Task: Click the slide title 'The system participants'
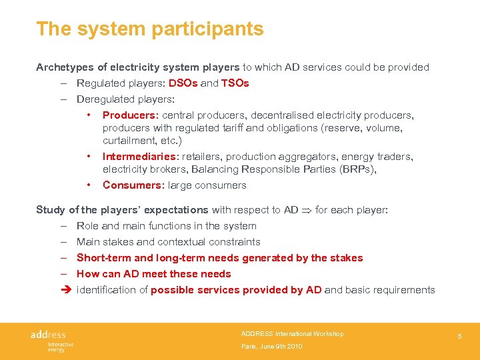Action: point(149,29)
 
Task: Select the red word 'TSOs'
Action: point(235,83)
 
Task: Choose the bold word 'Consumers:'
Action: point(133,185)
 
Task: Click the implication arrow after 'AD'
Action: point(307,210)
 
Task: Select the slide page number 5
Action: point(459,337)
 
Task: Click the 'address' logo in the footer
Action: point(48,335)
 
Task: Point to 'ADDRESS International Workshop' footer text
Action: point(292,333)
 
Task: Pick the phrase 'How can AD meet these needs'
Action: point(153,274)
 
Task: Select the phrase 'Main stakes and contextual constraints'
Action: point(168,242)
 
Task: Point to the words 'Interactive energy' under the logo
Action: point(60,347)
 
